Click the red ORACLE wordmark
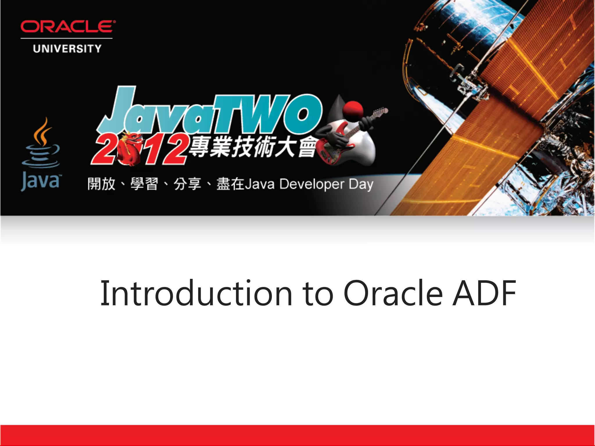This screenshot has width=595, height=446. [68, 26]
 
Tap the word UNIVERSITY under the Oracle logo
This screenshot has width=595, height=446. [67, 49]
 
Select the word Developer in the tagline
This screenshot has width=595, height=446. [312, 184]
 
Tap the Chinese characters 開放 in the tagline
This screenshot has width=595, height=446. [101, 184]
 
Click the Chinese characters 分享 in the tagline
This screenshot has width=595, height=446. [187, 184]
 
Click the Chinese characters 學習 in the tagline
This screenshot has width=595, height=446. [144, 184]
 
